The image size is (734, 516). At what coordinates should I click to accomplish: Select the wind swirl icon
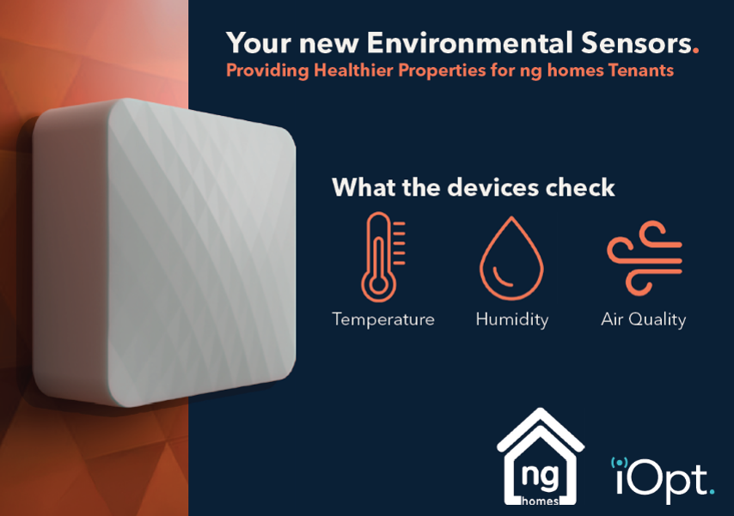click(644, 255)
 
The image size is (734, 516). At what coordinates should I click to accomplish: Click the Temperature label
click(383, 319)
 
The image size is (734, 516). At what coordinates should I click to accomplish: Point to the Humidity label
click(511, 319)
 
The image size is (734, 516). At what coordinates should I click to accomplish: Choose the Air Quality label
click(643, 319)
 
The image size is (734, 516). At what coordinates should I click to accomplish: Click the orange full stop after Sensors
click(695, 50)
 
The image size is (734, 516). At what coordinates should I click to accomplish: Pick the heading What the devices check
click(473, 187)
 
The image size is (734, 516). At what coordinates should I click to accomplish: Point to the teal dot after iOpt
click(711, 493)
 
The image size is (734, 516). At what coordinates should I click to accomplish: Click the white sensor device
click(163, 249)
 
